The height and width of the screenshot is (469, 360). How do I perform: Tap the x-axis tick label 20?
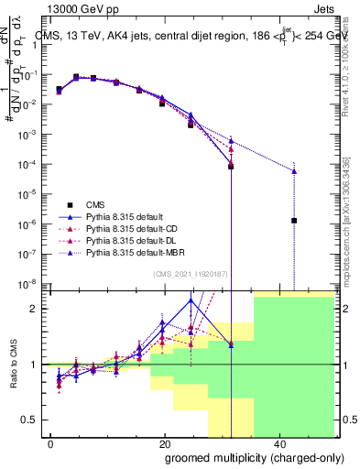165,444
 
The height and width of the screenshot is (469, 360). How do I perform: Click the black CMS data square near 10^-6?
294,220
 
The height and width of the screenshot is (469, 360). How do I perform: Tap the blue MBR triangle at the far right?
294,170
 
